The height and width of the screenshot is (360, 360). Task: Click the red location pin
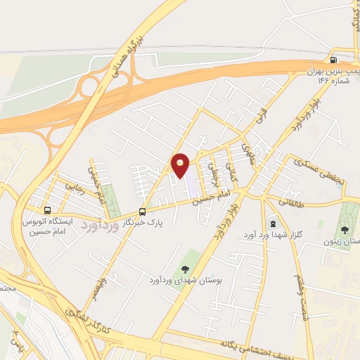(x=180, y=165)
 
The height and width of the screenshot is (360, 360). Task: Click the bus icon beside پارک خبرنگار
(x=143, y=211)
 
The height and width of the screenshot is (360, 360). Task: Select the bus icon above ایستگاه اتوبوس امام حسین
(x=48, y=210)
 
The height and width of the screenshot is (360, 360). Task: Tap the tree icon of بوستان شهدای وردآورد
(x=185, y=268)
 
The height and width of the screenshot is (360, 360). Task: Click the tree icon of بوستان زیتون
(x=345, y=229)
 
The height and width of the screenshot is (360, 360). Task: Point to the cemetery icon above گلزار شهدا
(x=274, y=224)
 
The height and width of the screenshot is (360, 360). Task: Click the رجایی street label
(x=75, y=188)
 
